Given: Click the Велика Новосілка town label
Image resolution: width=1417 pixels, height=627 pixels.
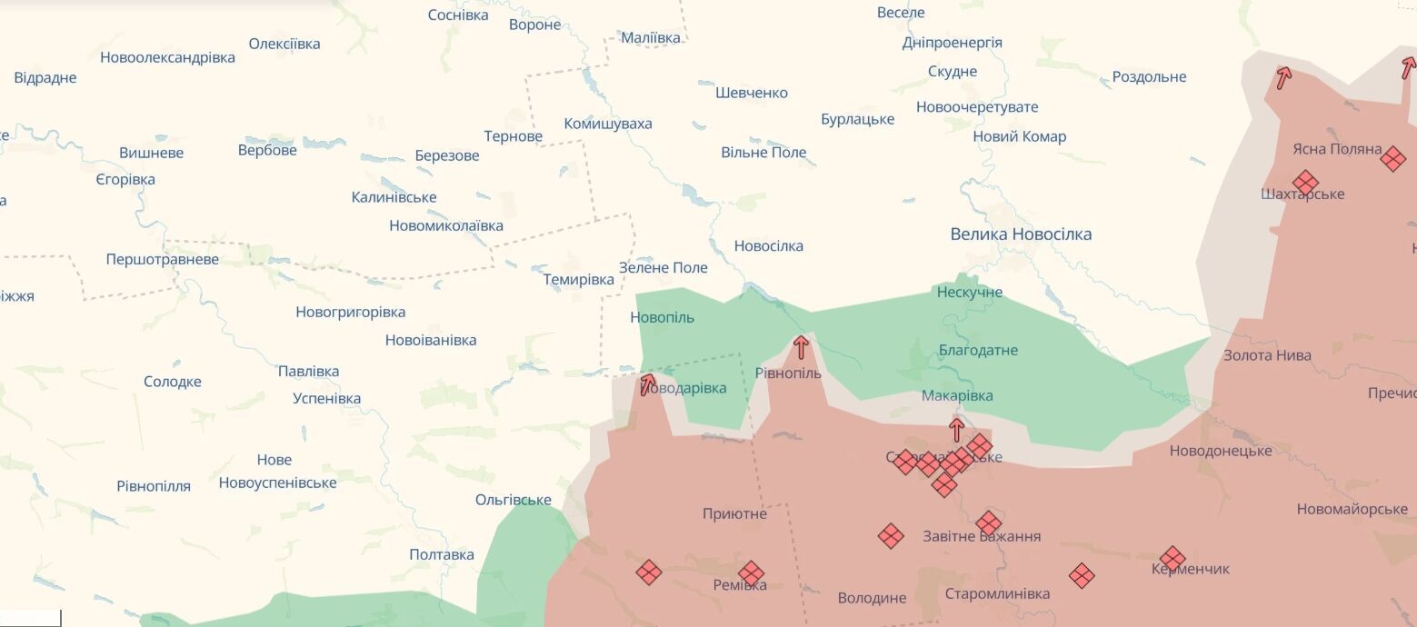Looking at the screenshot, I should [x=1021, y=234].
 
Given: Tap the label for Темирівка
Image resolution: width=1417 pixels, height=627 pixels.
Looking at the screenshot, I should [x=579, y=280].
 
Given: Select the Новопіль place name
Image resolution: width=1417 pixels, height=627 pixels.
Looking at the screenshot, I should [x=662, y=317].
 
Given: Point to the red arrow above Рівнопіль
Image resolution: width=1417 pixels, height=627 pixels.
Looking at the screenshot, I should [x=801, y=347].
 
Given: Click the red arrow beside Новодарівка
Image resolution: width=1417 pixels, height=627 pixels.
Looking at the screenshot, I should [x=648, y=384].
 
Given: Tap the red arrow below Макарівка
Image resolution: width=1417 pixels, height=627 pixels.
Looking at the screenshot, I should [x=956, y=429].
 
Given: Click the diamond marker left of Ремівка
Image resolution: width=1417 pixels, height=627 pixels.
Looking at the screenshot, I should [x=648, y=572].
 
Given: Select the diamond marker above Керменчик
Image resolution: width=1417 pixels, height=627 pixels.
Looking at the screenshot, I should [x=1173, y=558].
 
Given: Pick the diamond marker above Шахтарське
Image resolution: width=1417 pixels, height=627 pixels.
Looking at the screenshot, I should [x=1305, y=182].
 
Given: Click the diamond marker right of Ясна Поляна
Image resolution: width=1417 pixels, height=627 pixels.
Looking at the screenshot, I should [x=1392, y=159].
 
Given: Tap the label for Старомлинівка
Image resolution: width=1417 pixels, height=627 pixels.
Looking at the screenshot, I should [x=997, y=594].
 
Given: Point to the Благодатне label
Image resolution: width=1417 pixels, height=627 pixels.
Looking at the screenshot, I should [x=979, y=351].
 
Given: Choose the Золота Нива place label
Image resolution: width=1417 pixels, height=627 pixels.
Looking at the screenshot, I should [x=1267, y=355].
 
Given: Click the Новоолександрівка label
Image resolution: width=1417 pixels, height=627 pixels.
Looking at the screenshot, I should [x=167, y=57].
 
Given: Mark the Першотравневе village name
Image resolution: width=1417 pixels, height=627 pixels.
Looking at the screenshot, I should [x=163, y=260].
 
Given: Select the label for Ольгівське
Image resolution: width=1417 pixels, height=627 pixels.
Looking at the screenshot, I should [x=513, y=501].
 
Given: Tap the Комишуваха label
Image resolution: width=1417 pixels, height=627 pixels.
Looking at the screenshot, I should [x=608, y=124].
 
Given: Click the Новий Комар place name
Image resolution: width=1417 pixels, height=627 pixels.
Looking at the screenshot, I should [x=1019, y=137].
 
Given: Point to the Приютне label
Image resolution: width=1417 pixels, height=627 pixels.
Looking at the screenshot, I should [x=734, y=514].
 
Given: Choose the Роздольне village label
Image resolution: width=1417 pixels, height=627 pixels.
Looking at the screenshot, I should [x=1149, y=77].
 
